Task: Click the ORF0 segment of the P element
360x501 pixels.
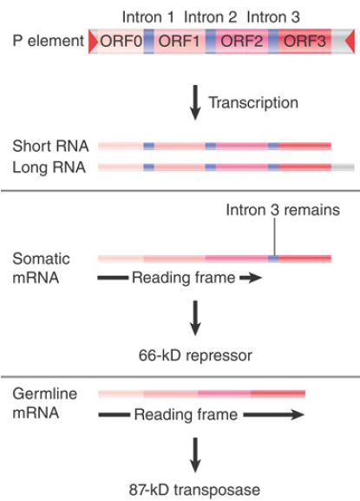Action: [x=121, y=41]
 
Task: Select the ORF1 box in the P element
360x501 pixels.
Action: [x=179, y=41]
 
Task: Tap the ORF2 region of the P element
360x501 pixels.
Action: [x=242, y=41]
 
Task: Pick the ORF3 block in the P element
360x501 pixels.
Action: [x=304, y=41]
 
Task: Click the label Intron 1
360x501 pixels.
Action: [x=148, y=17]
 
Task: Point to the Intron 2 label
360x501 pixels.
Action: [x=211, y=17]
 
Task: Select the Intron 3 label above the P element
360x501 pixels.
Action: [x=273, y=17]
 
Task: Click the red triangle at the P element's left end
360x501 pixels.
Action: [x=94, y=41]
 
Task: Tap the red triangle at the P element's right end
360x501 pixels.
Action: [x=350, y=41]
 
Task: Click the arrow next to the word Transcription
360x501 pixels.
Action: [x=195, y=102]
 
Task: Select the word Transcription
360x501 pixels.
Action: [x=253, y=102]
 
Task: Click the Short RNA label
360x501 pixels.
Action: [x=50, y=146]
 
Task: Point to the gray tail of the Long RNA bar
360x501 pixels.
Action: [x=343, y=167]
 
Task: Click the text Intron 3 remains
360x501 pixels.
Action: [x=283, y=210]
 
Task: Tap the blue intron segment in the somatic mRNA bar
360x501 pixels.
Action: [x=273, y=259]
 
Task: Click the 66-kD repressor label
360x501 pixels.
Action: [x=195, y=355]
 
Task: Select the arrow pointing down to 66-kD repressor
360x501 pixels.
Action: [x=195, y=319]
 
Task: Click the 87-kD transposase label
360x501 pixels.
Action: [x=194, y=490]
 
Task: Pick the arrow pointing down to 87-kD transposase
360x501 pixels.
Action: [x=195, y=455]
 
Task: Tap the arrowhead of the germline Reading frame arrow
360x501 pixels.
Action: [x=297, y=415]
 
